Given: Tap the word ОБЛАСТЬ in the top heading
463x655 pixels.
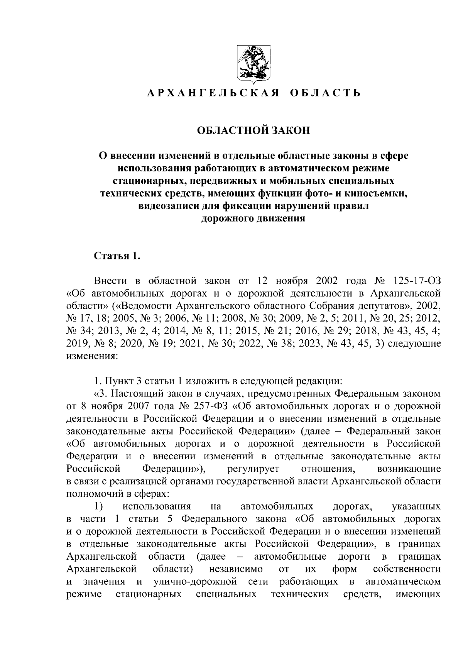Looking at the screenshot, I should click(325, 93).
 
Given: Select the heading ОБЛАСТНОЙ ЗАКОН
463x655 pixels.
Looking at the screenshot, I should click(253, 130).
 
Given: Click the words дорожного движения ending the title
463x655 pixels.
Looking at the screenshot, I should click(253, 218).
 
